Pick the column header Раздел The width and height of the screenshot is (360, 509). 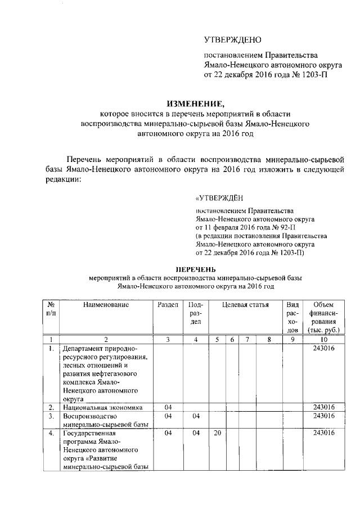tap(168, 304)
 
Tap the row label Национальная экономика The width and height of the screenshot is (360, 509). tap(103, 407)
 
